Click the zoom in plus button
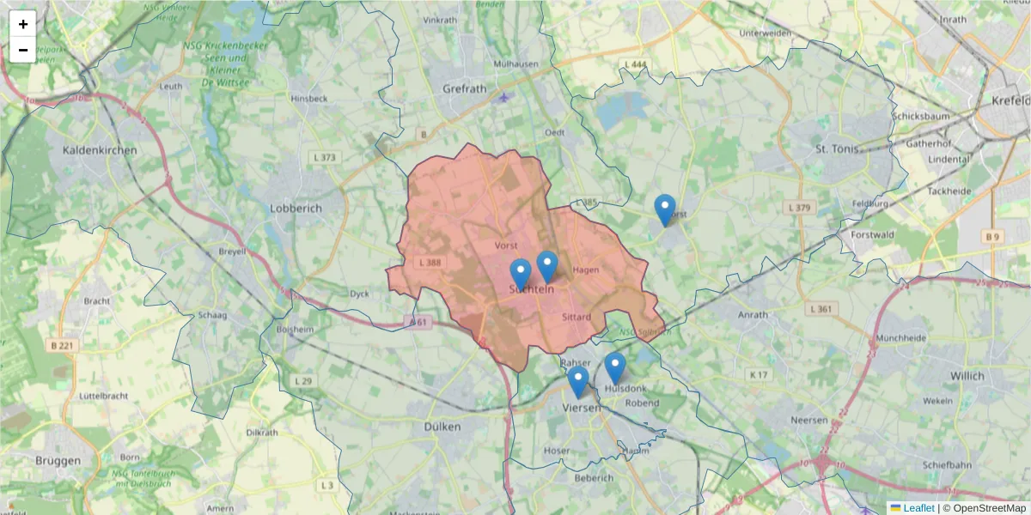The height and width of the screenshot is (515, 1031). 23,24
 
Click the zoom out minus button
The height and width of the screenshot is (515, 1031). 23,50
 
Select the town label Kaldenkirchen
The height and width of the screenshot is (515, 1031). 100,150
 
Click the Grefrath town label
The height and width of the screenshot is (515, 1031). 464,88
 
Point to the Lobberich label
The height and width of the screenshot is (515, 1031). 296,208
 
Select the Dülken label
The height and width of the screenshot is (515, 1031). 442,426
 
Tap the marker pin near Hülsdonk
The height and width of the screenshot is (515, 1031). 614,367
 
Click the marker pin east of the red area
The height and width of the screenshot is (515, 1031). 664,209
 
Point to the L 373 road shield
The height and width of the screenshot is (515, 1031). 326,158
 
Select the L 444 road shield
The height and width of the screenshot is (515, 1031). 636,64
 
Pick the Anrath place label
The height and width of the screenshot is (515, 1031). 753,314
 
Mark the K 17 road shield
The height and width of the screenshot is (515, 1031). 757,374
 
